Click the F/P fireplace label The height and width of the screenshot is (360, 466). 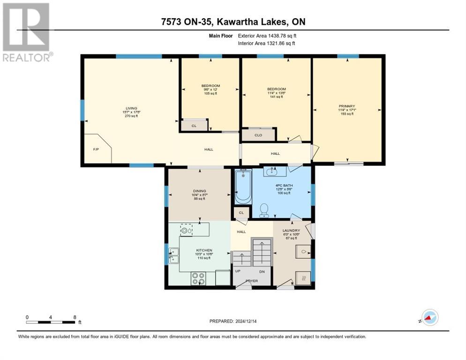pos(96,150)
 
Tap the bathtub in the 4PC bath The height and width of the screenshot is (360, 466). pos(243,187)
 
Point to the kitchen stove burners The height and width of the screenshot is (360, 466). pos(198,278)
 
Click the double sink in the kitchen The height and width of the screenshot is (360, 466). pos(174,256)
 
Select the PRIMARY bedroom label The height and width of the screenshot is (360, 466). pos(347,106)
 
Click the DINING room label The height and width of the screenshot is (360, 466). pos(199,191)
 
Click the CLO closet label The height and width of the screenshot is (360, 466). pos(258,135)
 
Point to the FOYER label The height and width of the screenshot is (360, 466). pos(251,281)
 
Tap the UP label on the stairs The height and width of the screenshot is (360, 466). pos(239,271)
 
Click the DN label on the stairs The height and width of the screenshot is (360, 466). pos(263,271)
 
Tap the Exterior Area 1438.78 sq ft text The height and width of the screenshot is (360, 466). pos(267,35)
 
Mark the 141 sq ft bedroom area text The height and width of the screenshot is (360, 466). pos(276,97)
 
